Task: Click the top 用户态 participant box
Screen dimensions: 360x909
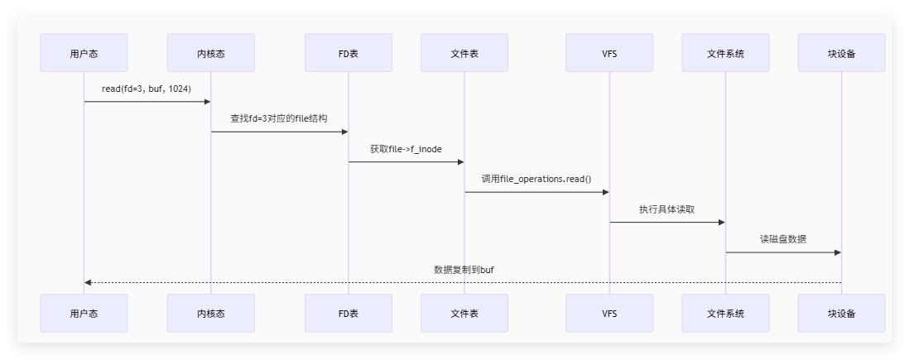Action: coord(84,54)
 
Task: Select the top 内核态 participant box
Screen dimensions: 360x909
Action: coord(210,54)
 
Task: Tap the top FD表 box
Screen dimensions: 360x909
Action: coord(348,54)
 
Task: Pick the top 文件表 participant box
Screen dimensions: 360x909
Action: coord(464,54)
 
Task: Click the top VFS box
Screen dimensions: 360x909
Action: coord(609,54)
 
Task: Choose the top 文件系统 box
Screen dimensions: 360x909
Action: coord(725,54)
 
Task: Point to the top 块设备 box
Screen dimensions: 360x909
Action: coord(841,54)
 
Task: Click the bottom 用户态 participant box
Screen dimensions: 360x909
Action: coord(84,313)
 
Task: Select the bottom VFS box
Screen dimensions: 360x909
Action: coord(609,313)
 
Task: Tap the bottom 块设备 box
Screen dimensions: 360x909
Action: coord(841,313)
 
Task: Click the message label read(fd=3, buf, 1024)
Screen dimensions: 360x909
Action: coord(147,89)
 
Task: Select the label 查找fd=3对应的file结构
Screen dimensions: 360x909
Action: coord(279,118)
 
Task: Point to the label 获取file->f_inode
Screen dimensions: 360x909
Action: coord(406,149)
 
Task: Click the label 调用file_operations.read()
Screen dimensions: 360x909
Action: coord(536,179)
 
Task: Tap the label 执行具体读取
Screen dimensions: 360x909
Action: coord(667,209)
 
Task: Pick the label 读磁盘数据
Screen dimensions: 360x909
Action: coord(783,239)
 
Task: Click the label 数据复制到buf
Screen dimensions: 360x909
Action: coord(463,270)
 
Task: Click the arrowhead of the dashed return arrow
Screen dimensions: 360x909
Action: coord(88,282)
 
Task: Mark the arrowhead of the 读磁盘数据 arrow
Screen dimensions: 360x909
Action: coord(837,252)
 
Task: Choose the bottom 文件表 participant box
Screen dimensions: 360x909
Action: coord(464,313)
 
